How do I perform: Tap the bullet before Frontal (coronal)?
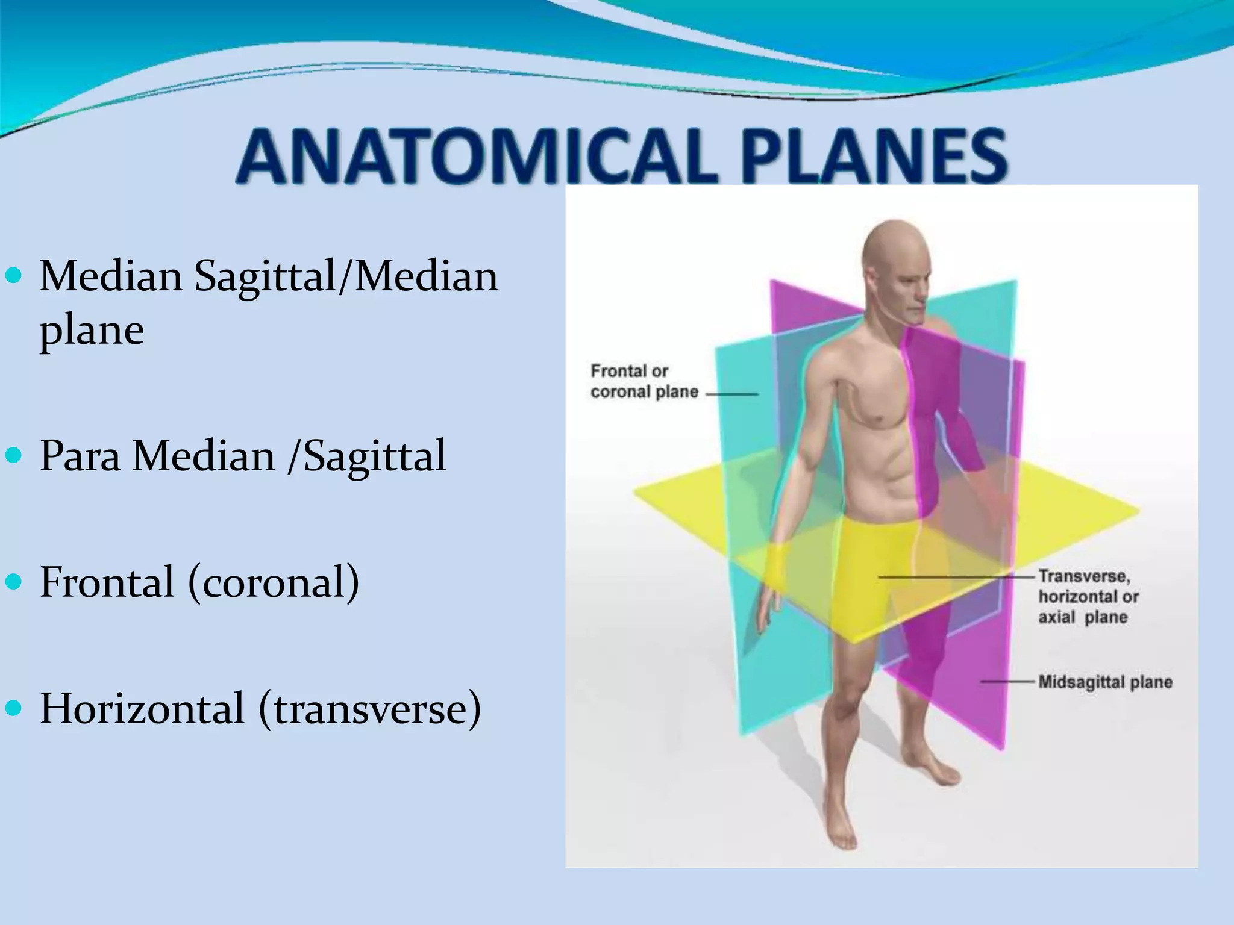(13, 582)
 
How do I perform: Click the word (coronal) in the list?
(274, 582)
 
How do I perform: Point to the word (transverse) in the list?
(370, 709)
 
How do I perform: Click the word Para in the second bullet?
(80, 456)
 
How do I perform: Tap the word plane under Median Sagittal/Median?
(92, 331)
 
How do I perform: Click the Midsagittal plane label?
(1105, 682)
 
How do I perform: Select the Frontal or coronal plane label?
(644, 382)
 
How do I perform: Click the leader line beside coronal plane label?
(731, 394)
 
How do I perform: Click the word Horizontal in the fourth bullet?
(142, 709)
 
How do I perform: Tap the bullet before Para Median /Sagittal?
(13, 456)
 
